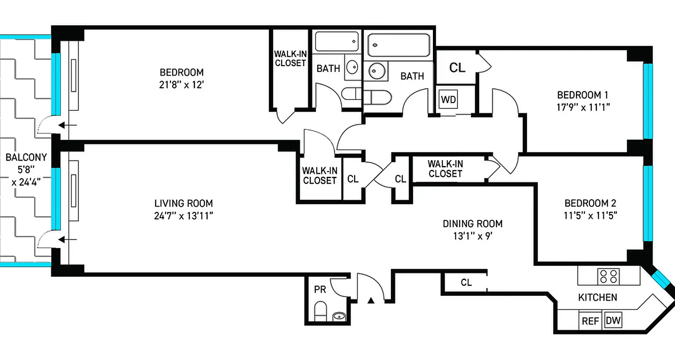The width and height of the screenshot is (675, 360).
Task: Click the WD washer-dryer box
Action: tap(448, 99)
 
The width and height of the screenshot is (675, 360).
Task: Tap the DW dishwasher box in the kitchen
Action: tap(613, 321)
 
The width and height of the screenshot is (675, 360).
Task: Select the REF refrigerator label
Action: tap(590, 321)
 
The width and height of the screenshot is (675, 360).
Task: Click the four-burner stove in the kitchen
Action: tap(608, 276)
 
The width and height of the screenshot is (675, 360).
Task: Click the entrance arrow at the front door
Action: tap(371, 300)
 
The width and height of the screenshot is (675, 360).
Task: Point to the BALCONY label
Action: tap(26, 157)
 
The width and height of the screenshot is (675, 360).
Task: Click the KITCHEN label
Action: tap(597, 297)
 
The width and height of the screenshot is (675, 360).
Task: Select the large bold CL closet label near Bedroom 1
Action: tap(457, 68)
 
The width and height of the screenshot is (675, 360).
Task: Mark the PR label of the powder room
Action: tap(319, 289)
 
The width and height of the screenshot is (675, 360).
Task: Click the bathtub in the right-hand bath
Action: tap(398, 45)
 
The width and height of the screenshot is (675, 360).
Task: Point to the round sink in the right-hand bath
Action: tap(375, 71)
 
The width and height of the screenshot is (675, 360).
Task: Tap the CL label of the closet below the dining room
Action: tap(466, 283)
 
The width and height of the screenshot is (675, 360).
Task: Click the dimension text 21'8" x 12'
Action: tap(182, 84)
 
